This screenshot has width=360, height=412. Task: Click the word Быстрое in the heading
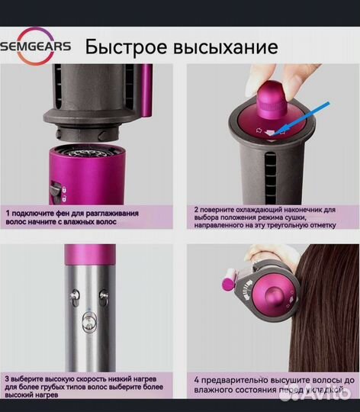pos(125,47)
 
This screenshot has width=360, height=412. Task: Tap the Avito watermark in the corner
pos(328,395)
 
